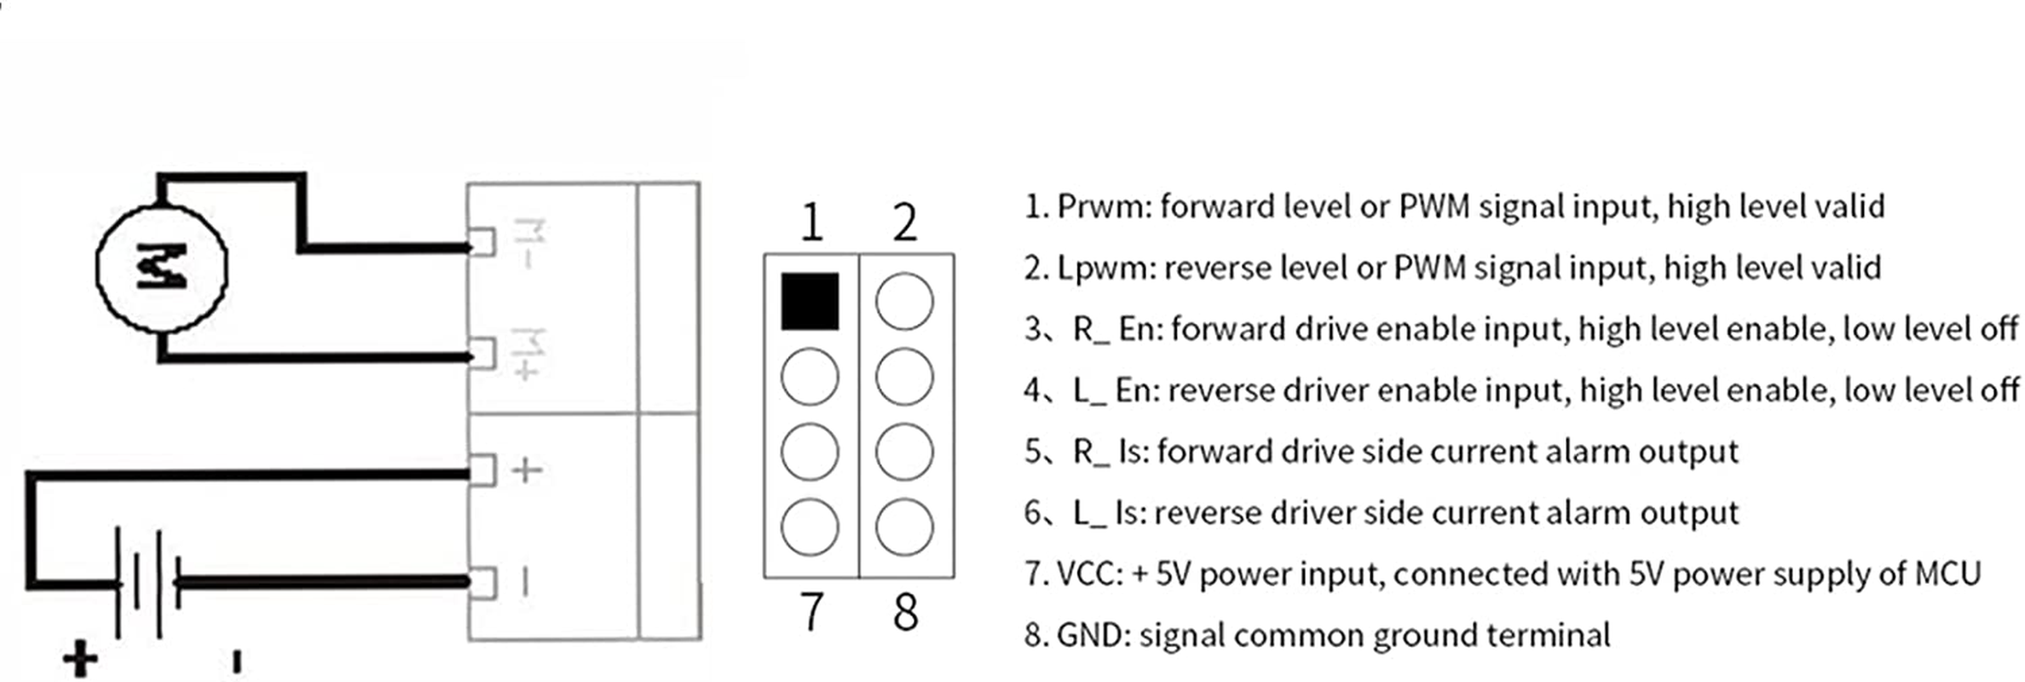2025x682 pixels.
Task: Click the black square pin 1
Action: (x=810, y=301)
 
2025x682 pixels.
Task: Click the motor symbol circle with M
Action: (x=162, y=267)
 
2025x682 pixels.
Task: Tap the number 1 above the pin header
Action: (x=811, y=223)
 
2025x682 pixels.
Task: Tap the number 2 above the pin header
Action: (x=904, y=223)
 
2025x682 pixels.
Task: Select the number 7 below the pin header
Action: (x=811, y=611)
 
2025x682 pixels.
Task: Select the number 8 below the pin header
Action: (x=905, y=612)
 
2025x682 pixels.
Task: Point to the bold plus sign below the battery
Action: (x=80, y=659)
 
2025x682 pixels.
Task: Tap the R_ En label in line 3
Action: (x=1116, y=330)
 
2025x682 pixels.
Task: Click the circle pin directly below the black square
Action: (x=810, y=376)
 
